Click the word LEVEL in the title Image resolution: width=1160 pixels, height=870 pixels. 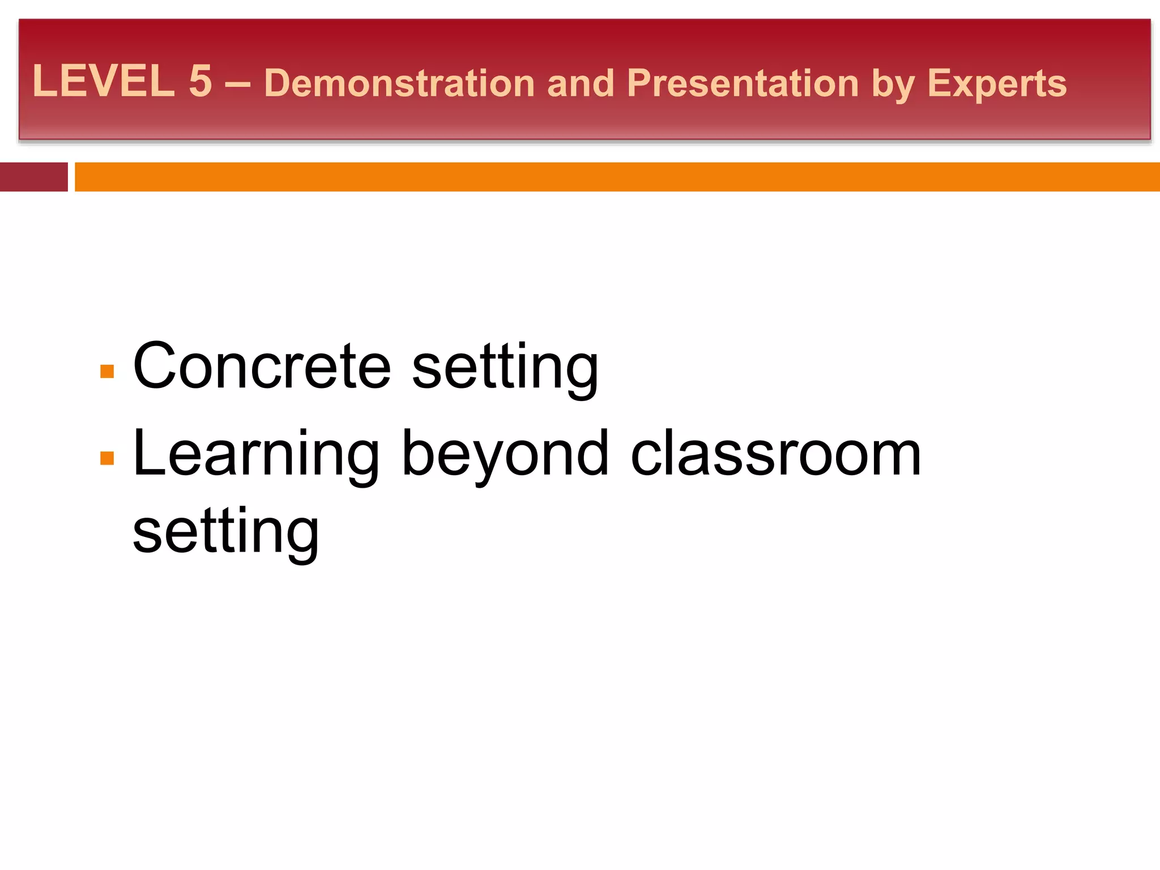coord(104,81)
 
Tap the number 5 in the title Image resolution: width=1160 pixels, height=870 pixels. coord(201,81)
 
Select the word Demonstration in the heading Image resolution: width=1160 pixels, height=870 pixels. coord(399,83)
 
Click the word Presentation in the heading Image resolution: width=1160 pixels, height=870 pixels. coord(743,83)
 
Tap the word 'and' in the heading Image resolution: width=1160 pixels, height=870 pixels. coord(581,83)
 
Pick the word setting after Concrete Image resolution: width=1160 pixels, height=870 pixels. coord(505,368)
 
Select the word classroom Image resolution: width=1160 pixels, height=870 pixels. coord(776,454)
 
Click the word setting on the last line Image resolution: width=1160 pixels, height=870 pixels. coord(225,532)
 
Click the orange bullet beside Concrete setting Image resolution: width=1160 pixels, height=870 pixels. coord(107,371)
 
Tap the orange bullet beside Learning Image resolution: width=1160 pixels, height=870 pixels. coord(107,458)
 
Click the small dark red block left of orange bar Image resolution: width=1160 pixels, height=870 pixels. coord(33,177)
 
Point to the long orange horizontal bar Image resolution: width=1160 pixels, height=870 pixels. coord(617,177)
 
